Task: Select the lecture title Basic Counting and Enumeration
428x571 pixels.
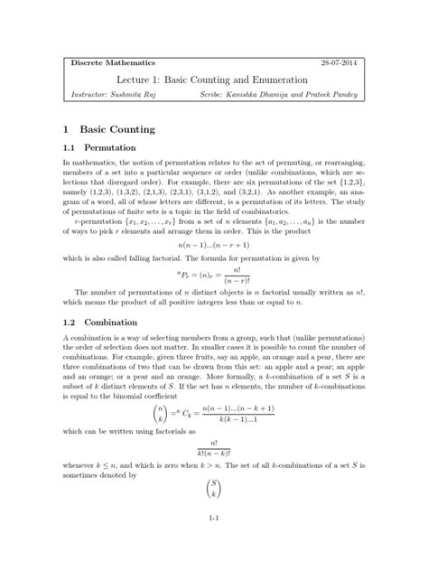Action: [237, 80]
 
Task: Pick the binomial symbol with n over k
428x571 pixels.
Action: [151, 422]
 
